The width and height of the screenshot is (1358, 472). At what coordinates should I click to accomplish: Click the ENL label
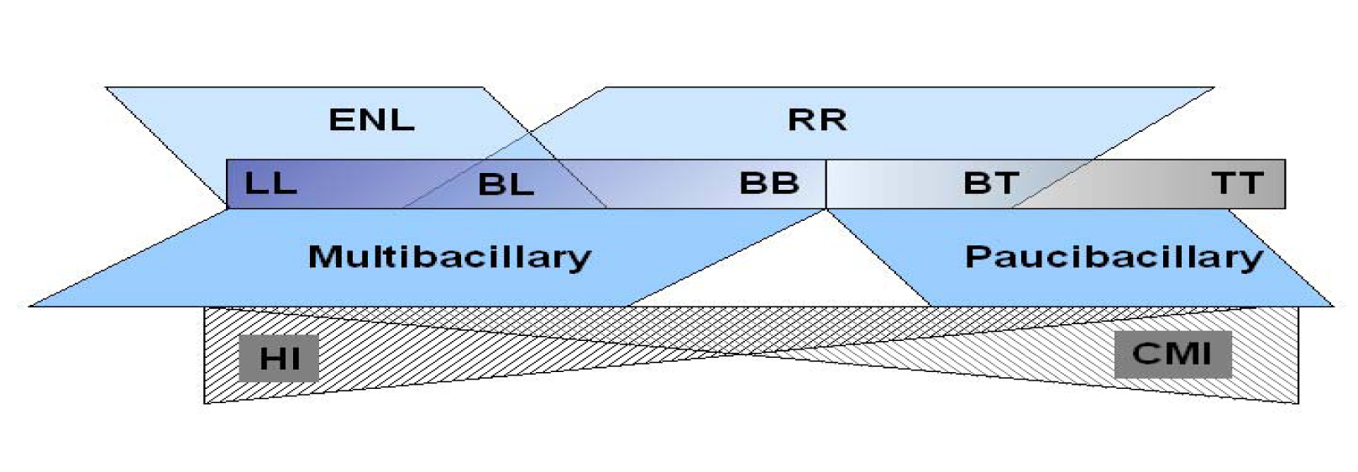coord(371,120)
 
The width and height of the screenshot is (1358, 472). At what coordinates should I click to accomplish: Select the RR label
coord(816,120)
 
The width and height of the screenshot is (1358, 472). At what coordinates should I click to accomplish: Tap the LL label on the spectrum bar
coord(270,183)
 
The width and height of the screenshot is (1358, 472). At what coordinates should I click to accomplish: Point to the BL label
coord(506,184)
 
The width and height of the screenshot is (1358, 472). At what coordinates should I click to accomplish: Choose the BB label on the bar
coord(768,183)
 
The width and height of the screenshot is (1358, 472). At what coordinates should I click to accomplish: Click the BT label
coord(991,183)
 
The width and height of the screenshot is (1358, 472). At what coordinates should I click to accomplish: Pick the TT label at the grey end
coord(1237,183)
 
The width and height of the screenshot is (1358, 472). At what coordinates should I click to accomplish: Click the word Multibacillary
coord(449,257)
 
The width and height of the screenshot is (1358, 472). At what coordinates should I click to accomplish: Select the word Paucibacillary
coord(1113,257)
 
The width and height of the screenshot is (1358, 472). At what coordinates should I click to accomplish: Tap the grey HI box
coord(279,359)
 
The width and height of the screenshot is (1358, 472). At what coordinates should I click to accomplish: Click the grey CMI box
coord(1172,354)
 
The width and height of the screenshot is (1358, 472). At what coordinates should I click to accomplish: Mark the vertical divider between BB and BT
coord(826,184)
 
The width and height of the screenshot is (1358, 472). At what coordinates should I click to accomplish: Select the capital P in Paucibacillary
coord(977,256)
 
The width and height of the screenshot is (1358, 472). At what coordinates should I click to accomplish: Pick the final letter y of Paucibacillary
coord(1253,260)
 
